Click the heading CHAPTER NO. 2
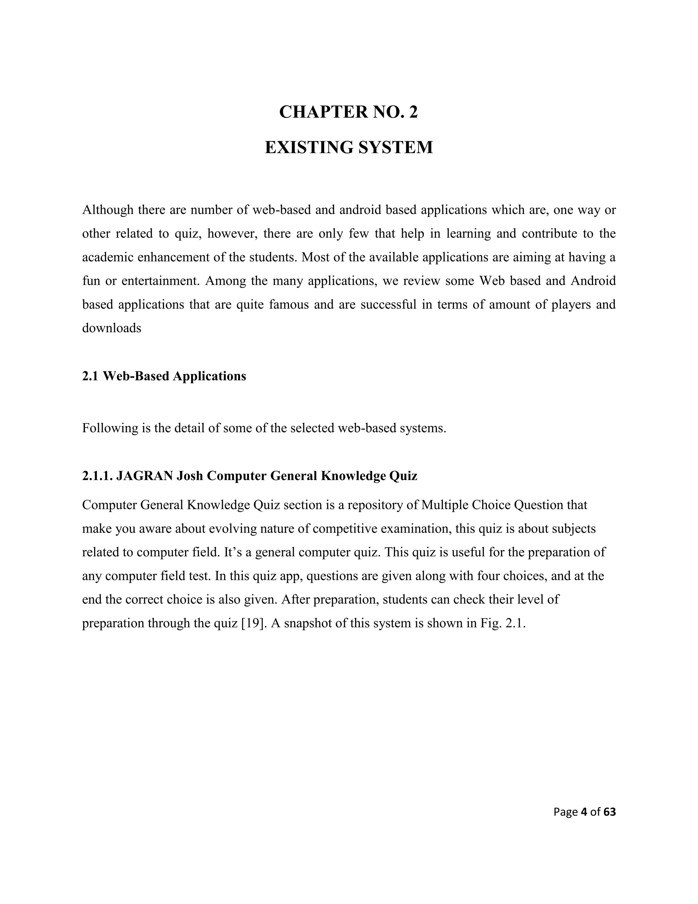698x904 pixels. coord(349,112)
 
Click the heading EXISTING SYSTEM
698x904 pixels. coord(349,147)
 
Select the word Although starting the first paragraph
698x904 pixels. coord(108,210)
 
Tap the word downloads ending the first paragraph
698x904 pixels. coord(112,328)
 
